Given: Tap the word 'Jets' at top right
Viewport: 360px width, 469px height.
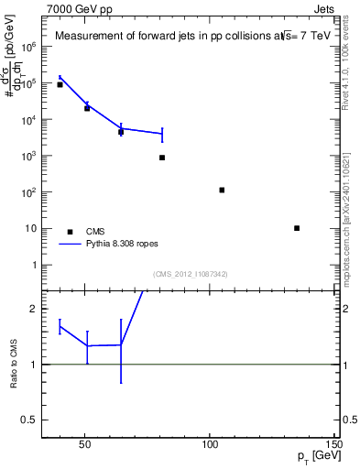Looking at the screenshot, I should coord(327,8).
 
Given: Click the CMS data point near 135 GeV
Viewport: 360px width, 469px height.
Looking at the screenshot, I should coord(297,228).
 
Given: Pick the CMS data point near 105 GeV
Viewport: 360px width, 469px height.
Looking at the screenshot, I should coord(222,190).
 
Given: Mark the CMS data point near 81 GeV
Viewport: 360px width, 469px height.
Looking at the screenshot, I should coord(162,158).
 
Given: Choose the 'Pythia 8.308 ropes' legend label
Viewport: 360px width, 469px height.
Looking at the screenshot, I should coord(125,245).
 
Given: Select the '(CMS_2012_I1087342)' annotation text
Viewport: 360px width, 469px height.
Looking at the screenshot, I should coord(190,274).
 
